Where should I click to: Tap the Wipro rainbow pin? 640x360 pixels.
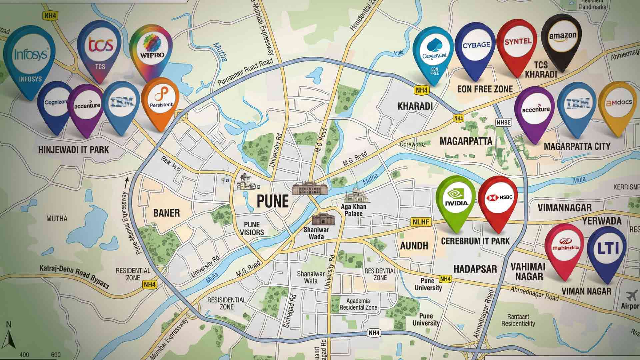click(151, 50)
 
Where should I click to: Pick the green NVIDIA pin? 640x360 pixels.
click(456, 200)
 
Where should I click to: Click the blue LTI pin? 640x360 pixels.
click(607, 250)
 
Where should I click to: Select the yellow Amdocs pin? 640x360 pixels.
click(618, 105)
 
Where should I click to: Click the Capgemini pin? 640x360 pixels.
click(433, 53)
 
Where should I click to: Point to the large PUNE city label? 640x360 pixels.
click(273, 201)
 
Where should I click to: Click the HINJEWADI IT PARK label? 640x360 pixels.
click(74, 149)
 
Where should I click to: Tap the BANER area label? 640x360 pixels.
click(167, 213)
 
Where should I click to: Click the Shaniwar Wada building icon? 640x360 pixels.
click(323, 220)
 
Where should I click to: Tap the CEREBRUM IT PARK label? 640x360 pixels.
click(475, 241)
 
